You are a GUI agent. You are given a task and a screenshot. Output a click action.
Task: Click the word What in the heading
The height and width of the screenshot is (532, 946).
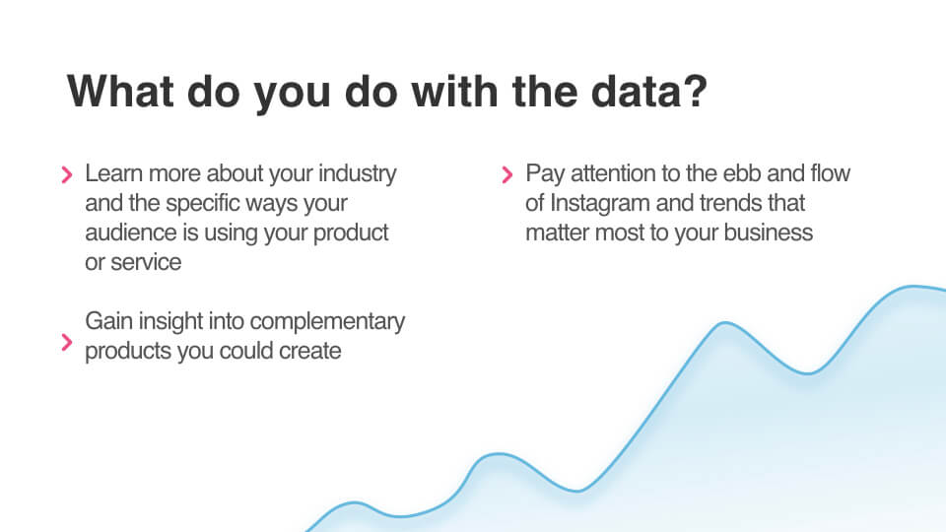pyautogui.click(x=120, y=91)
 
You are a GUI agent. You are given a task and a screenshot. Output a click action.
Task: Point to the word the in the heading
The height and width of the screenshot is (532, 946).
pyautogui.click(x=545, y=91)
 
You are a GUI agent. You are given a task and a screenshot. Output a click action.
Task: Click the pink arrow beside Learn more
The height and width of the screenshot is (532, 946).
pyautogui.click(x=67, y=175)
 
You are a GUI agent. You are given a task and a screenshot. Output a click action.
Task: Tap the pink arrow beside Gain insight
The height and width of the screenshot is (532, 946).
pyautogui.click(x=67, y=343)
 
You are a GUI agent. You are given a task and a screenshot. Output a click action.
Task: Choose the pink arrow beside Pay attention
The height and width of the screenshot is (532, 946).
pyautogui.click(x=507, y=175)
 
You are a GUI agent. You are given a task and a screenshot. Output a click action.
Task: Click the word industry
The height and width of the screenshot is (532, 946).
pyautogui.click(x=358, y=174)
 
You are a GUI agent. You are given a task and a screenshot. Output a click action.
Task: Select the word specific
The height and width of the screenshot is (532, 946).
pyautogui.click(x=202, y=204)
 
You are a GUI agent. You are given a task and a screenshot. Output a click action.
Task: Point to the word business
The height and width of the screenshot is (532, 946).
pyautogui.click(x=769, y=233)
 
